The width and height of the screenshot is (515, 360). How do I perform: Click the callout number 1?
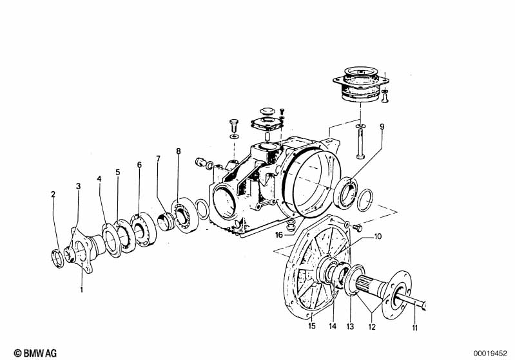pyautogui.click(x=81, y=290)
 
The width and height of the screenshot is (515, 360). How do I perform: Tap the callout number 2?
pyautogui.click(x=53, y=194)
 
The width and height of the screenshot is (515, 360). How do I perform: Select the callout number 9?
pyautogui.click(x=382, y=127)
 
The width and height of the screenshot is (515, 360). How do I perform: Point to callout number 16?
pyautogui.click(x=279, y=235)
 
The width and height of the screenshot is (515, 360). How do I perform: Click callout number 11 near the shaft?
pyautogui.click(x=415, y=328)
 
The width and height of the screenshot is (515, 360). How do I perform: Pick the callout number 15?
pyautogui.click(x=312, y=326)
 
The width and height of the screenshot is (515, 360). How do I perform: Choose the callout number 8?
pyautogui.click(x=179, y=151)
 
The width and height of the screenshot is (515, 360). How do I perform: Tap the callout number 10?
pyautogui.click(x=378, y=236)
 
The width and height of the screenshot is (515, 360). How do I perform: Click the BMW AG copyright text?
pyautogui.click(x=35, y=353)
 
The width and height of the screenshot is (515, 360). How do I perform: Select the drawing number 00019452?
pyautogui.click(x=491, y=354)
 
